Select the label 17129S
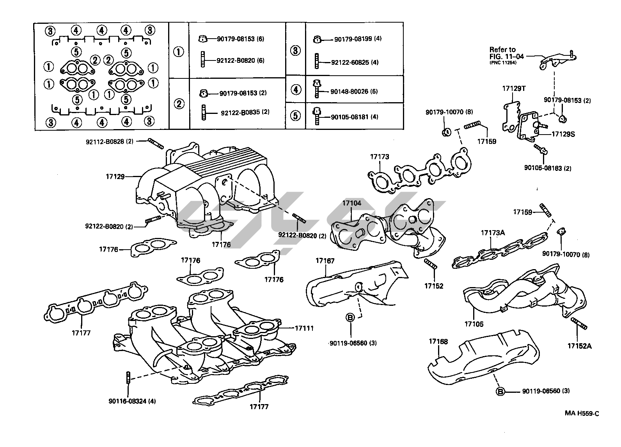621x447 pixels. (x=563, y=134)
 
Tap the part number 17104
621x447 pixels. (x=352, y=203)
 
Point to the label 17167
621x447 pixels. (x=325, y=261)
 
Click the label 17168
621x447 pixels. (x=438, y=342)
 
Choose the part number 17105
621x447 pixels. (x=474, y=324)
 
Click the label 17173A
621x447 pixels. (x=493, y=233)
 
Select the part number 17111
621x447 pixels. (x=304, y=328)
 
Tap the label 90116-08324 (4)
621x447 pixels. (x=132, y=401)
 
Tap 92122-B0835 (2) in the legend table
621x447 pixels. (x=245, y=112)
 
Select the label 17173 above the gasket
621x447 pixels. (x=380, y=157)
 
